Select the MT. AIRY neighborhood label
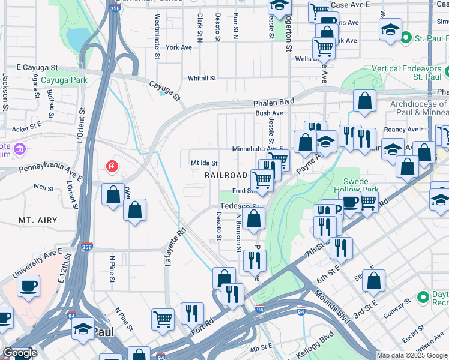click(38, 221)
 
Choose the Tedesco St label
click(238, 206)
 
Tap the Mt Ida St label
click(204, 163)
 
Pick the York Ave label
click(179, 47)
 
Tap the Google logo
click(20, 353)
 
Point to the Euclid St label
click(414, 335)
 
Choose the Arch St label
click(44, 187)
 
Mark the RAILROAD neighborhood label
click(226, 175)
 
